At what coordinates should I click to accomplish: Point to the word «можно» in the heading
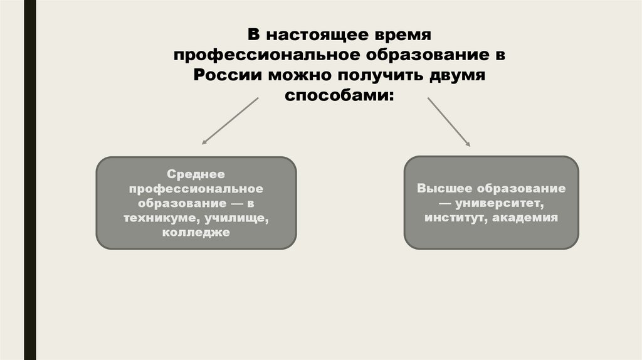click(x=300, y=75)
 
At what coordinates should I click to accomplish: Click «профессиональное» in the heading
click(x=264, y=55)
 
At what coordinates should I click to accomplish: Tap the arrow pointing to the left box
click(x=229, y=122)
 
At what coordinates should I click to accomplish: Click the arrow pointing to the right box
click(x=449, y=122)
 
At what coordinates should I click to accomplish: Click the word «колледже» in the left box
click(x=196, y=233)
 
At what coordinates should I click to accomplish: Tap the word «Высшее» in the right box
click(x=445, y=188)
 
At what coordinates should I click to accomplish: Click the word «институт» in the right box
click(x=456, y=218)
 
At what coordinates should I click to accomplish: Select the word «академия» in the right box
click(x=525, y=218)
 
